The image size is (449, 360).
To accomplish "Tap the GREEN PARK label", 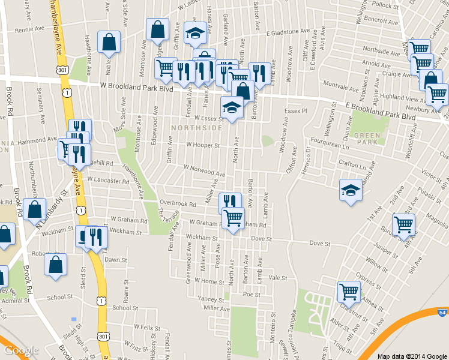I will coord(367,137).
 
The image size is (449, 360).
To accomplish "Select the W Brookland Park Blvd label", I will coord(136,87).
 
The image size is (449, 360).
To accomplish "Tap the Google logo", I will coord(21,350).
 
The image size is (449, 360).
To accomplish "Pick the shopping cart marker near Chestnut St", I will coord(349,292).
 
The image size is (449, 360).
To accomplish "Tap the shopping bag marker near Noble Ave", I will coord(109,42).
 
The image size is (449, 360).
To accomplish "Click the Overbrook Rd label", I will coord(178,204).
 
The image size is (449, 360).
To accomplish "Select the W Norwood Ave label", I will coord(204,170).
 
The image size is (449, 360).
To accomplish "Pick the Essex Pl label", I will coord(295,111).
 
